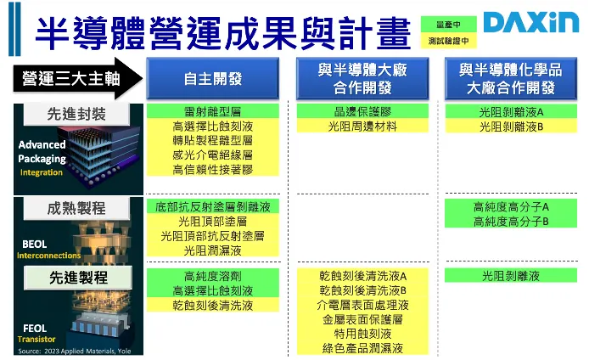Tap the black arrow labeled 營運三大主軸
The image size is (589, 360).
(71, 79)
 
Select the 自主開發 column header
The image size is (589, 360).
(212, 79)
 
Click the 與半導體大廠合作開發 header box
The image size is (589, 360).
(362, 78)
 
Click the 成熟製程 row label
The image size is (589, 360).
(76, 207)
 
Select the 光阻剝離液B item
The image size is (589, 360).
(511, 127)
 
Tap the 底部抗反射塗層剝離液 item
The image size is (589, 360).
(212, 206)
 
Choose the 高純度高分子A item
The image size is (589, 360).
(511, 206)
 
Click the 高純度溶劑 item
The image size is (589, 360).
(212, 276)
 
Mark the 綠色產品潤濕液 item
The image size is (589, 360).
(362, 348)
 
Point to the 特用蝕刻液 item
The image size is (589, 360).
(362, 334)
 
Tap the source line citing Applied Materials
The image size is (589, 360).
(66, 349)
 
